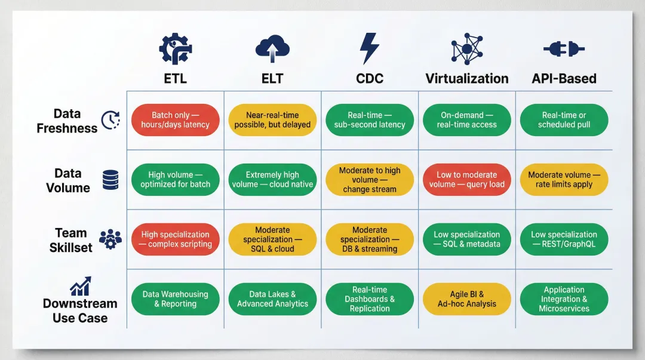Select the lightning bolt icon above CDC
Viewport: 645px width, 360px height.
369,48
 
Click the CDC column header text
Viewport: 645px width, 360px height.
370,78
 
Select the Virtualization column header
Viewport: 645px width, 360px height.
467,78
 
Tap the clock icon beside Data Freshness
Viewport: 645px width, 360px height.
110,120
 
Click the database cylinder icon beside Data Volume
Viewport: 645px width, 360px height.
110,180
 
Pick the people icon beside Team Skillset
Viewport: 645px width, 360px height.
110,239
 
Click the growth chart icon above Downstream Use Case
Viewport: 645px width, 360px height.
81,286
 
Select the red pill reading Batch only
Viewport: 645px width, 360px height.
176,120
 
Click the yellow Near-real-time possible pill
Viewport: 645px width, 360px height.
272,120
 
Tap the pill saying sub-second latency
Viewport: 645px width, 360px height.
370,120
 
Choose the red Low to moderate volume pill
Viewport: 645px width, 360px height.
467,180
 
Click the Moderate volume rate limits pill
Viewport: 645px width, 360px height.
564,180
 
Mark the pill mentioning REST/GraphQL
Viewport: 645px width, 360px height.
564,239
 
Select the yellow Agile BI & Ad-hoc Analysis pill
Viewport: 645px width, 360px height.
467,299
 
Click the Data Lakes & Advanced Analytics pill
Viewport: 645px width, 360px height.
272,299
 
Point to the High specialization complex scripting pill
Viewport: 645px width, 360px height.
176,239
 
